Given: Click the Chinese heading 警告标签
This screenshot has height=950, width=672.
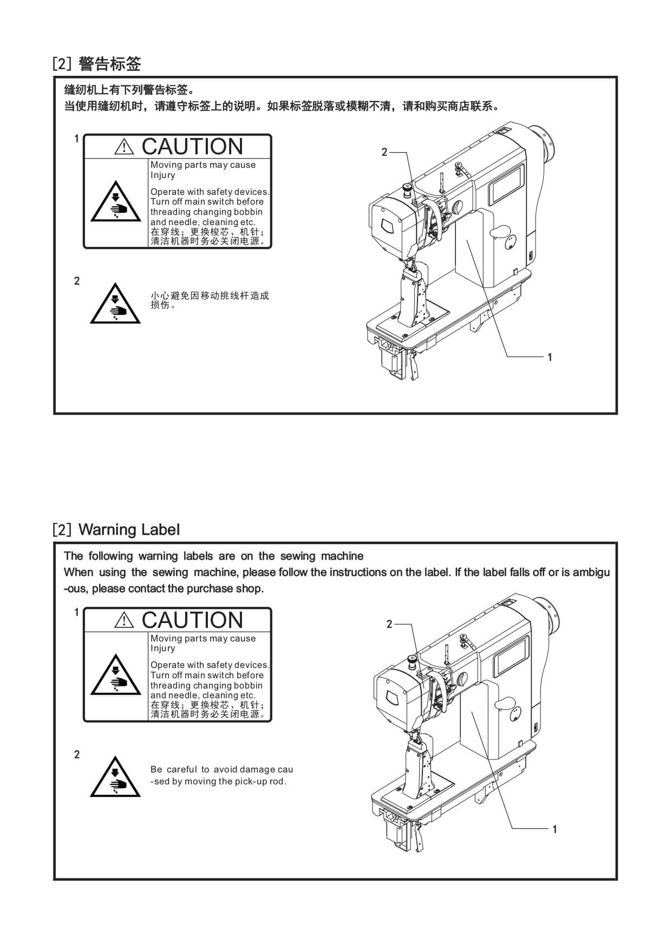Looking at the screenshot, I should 109,64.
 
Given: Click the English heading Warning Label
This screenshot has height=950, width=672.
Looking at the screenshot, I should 129,529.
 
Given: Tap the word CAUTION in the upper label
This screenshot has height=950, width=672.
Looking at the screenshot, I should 192,147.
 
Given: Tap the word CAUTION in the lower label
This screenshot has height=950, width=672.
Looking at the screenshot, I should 192,620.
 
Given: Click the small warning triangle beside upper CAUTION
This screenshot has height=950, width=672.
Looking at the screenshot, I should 124,147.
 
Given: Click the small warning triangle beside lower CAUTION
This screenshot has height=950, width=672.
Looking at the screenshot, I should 124,620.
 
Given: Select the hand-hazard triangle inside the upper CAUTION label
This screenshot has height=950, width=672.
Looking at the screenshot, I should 116,204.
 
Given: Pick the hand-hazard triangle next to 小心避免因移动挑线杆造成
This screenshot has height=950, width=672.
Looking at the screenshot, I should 115,305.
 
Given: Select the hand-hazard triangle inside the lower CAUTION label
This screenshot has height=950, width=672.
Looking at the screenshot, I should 116,677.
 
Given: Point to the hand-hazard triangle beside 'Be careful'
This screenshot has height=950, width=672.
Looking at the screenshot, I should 115,778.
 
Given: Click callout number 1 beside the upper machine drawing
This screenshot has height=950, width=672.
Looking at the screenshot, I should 550,357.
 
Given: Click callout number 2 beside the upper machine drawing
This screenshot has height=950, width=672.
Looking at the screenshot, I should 384,152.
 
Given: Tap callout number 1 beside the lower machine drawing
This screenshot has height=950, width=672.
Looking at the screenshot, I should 554,829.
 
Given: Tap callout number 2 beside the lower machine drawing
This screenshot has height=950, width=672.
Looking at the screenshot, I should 389,624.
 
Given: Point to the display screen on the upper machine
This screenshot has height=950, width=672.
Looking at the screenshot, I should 506,185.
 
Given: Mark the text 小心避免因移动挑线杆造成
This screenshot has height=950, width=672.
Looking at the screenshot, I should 210,296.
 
